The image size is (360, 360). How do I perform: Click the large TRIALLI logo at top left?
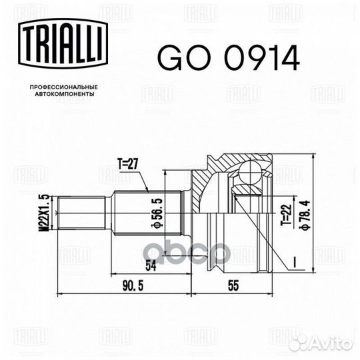[63, 43]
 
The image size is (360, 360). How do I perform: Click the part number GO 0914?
[229, 58]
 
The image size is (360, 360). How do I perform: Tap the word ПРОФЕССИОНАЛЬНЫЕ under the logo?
[64, 87]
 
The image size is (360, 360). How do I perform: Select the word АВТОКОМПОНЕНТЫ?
[64, 94]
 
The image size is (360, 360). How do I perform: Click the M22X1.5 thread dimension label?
[45, 213]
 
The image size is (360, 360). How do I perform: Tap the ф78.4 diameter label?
[305, 215]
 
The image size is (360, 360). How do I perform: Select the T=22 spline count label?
[286, 215]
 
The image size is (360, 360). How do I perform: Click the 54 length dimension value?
[151, 266]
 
